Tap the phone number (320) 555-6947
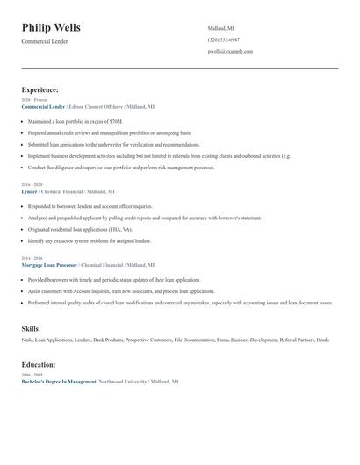click(223, 40)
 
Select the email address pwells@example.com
click(230, 52)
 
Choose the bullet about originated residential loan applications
click(89, 229)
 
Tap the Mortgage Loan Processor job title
click(49, 264)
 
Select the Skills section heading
click(30, 328)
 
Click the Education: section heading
click(39, 364)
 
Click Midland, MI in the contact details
click(221, 29)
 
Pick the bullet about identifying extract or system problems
click(90, 240)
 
